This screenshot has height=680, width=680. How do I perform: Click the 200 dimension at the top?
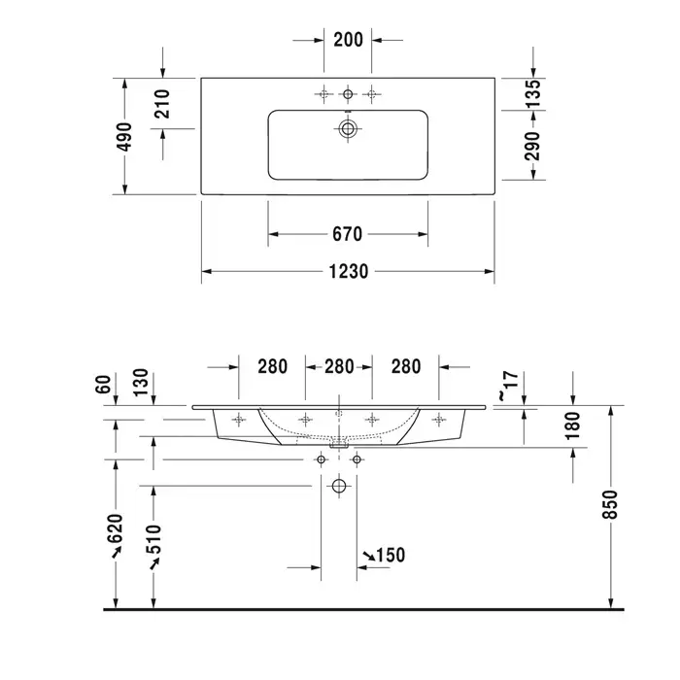coord(348,40)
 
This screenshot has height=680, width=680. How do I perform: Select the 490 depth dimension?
coord(125,137)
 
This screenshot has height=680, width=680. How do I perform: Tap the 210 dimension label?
coord(162,104)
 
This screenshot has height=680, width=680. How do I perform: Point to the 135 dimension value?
coord(533,94)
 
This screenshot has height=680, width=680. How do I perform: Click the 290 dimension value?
coord(533,146)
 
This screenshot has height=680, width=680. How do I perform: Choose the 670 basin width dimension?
coord(348,234)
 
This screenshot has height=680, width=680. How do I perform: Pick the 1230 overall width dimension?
coord(348,271)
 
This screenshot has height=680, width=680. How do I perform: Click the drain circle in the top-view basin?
coord(348,128)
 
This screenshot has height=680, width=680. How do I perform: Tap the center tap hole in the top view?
coord(348,93)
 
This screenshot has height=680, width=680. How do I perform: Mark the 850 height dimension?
coord(610,504)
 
